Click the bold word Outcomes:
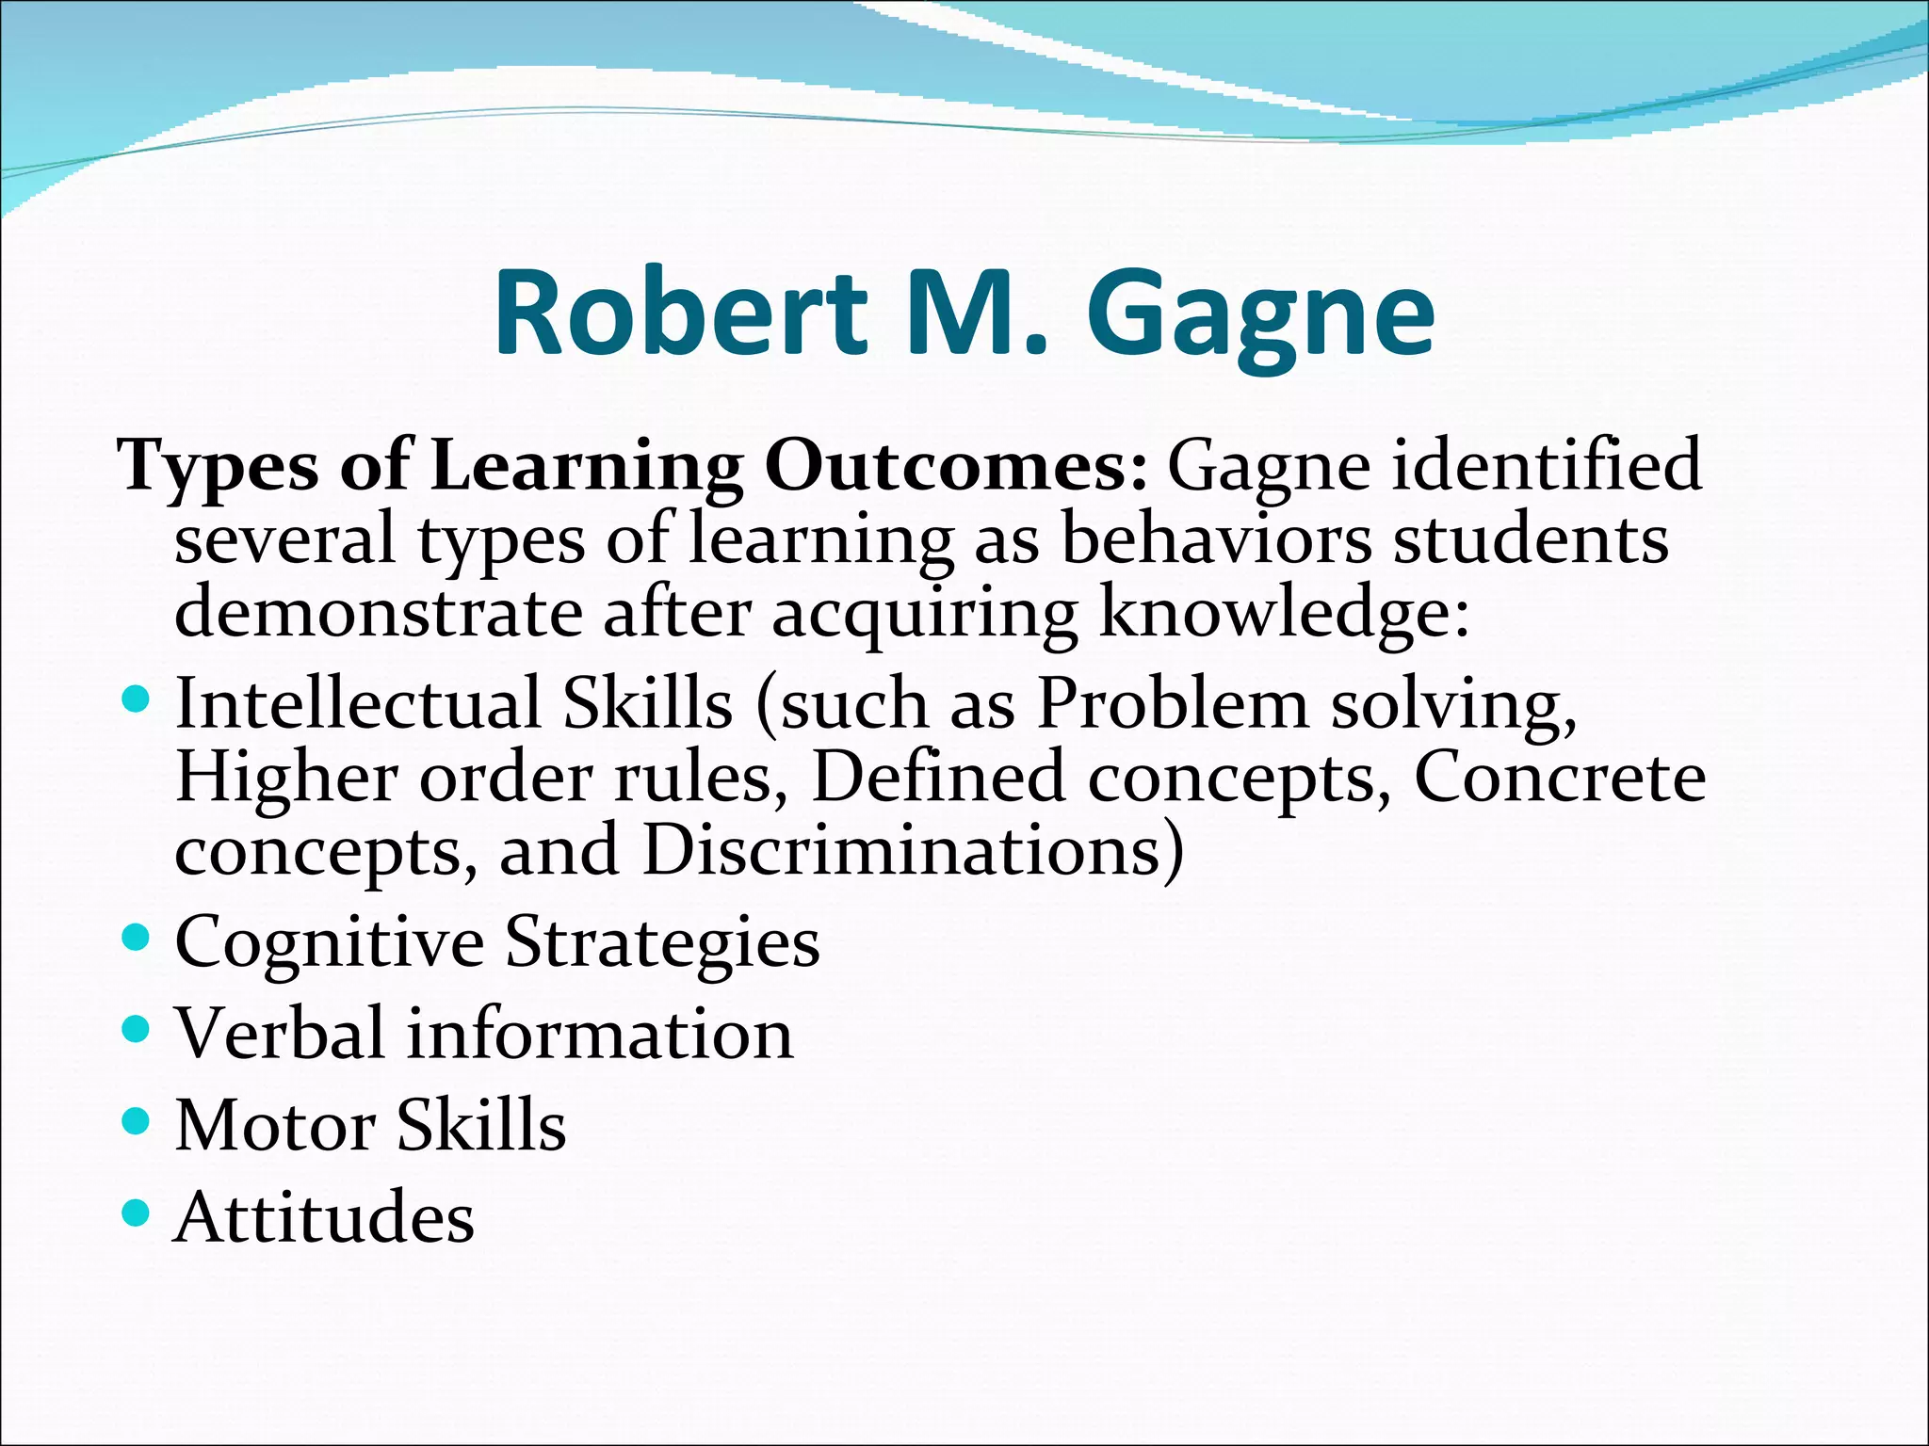click(x=955, y=466)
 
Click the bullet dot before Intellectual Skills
click(x=137, y=699)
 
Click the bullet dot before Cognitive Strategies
click(x=137, y=938)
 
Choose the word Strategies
click(x=662, y=942)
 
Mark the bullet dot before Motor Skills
click(x=137, y=1121)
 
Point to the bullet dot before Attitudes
click(x=137, y=1213)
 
